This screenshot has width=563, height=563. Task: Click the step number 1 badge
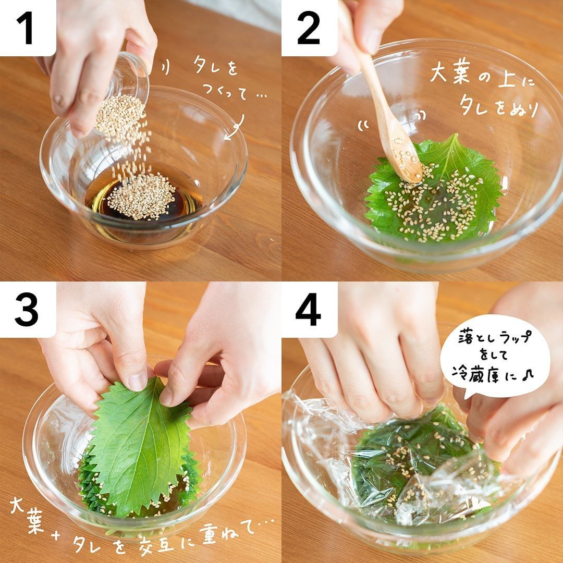click(x=28, y=28)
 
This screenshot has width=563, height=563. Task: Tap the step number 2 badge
click(x=309, y=28)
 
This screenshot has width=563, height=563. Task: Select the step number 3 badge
click(x=28, y=310)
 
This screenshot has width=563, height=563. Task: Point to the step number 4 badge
click(x=309, y=310)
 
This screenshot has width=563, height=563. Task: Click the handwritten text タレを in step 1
click(x=215, y=65)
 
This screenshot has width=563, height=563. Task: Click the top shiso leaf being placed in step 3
click(x=142, y=445)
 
